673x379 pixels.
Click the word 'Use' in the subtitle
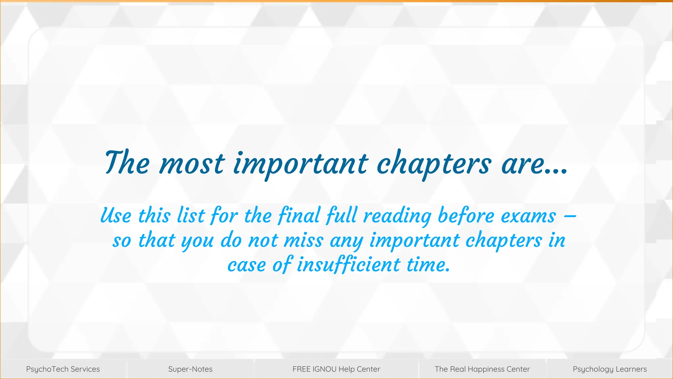point(116,216)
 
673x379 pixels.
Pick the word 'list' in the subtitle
point(191,216)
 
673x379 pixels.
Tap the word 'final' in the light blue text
point(299,216)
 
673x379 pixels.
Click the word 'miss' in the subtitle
point(303,240)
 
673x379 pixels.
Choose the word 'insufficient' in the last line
point(349,265)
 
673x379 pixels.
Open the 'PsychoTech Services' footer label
point(63,369)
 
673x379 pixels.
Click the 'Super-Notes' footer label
point(190,369)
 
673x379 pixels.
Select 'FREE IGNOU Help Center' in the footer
point(336,369)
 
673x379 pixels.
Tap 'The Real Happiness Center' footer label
point(482,369)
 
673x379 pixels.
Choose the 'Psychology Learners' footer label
point(610,369)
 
